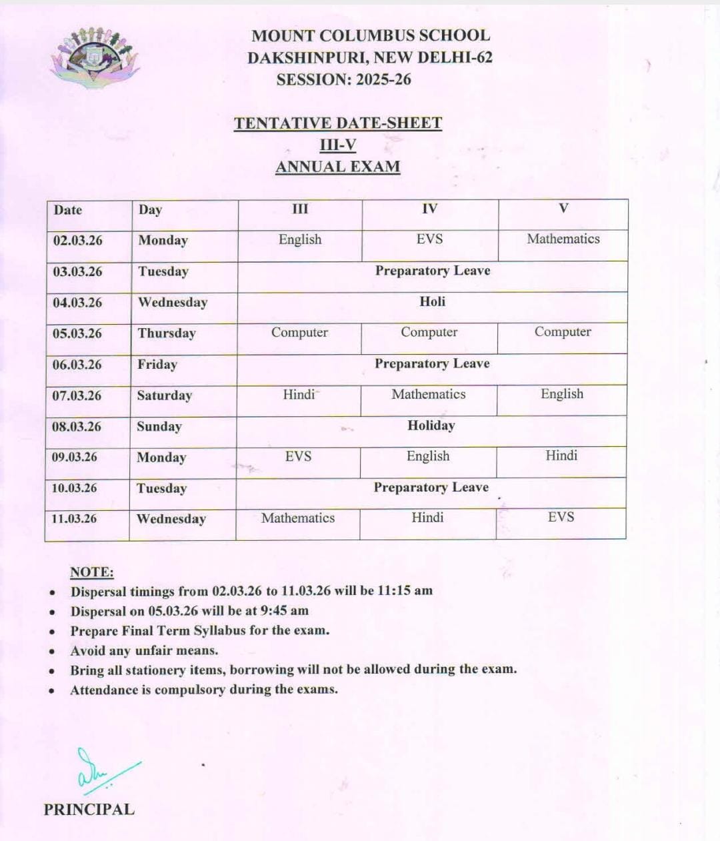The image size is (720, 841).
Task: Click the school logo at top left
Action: [94, 57]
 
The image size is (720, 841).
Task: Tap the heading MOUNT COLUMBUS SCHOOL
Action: [370, 36]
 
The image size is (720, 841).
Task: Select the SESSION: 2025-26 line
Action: [343, 80]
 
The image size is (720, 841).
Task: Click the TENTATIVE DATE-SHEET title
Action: [338, 123]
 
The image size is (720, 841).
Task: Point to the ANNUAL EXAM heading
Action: [338, 167]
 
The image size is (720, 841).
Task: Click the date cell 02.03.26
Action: [78, 241]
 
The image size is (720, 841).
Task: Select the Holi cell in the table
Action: [432, 301]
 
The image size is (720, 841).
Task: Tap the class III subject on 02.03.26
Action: [300, 240]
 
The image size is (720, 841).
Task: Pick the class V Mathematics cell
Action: [563, 239]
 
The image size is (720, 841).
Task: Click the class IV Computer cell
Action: [429, 332]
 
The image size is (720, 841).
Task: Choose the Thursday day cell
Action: [167, 333]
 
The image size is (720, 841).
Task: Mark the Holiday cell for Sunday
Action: [431, 426]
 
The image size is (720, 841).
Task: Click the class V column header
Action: [563, 209]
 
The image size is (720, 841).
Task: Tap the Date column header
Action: [68, 210]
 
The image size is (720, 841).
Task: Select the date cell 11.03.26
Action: [74, 519]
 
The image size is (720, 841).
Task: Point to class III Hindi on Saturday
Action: [299, 395]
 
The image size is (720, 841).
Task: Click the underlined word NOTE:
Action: [92, 572]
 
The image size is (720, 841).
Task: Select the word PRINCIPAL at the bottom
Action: [89, 810]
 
